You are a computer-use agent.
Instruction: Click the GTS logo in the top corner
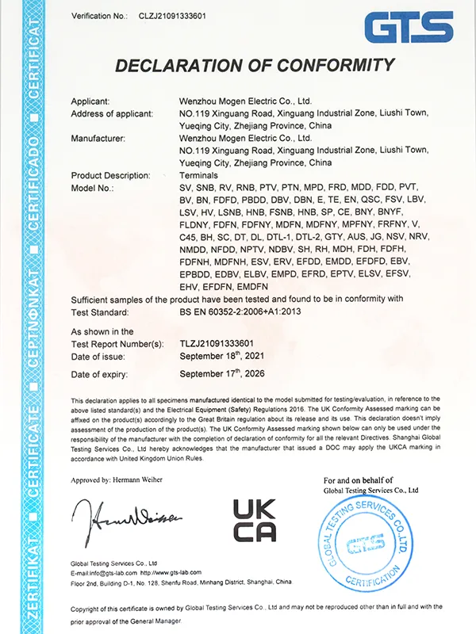pos(409,28)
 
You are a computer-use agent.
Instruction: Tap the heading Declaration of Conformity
pos(253,65)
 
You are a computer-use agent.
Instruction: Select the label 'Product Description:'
pos(110,174)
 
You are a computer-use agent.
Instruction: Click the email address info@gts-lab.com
pos(103,572)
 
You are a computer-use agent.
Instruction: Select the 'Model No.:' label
pos(92,188)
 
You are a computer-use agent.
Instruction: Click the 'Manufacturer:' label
pos(98,138)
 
